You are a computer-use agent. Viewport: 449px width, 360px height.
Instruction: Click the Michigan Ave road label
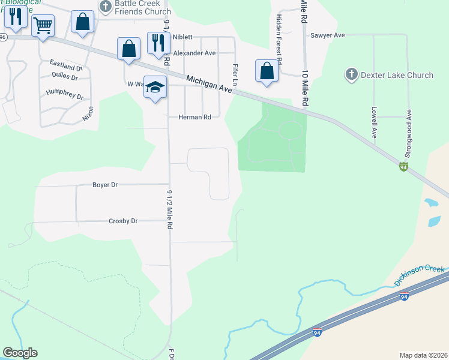point(209,84)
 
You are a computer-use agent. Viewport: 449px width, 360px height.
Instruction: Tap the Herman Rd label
point(194,117)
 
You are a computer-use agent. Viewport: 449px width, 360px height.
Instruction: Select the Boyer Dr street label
point(105,185)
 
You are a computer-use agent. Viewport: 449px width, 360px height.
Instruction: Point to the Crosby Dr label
point(123,221)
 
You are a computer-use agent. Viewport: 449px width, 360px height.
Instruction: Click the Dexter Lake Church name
point(397,75)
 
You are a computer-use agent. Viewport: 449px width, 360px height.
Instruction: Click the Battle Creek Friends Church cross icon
point(106,7)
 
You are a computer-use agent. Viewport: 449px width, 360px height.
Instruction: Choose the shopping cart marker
point(43,26)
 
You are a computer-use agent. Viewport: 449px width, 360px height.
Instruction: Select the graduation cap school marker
point(155,88)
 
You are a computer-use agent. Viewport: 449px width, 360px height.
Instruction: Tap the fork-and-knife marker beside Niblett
point(158,42)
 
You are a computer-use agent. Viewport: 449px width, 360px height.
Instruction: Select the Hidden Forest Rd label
point(279,37)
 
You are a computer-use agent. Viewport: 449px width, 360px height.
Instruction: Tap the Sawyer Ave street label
point(327,35)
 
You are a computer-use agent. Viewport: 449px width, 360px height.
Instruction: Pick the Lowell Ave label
point(374,123)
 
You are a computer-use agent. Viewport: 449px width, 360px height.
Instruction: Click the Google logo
point(20,353)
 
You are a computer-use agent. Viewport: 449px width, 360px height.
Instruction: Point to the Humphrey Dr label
point(64,94)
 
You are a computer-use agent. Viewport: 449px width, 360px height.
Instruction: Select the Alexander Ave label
point(194,53)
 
